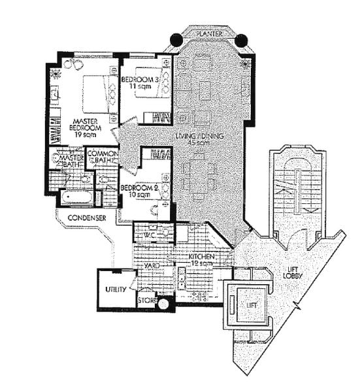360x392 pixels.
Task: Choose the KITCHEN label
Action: click(x=202, y=258)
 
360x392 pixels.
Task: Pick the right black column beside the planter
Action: click(x=240, y=41)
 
